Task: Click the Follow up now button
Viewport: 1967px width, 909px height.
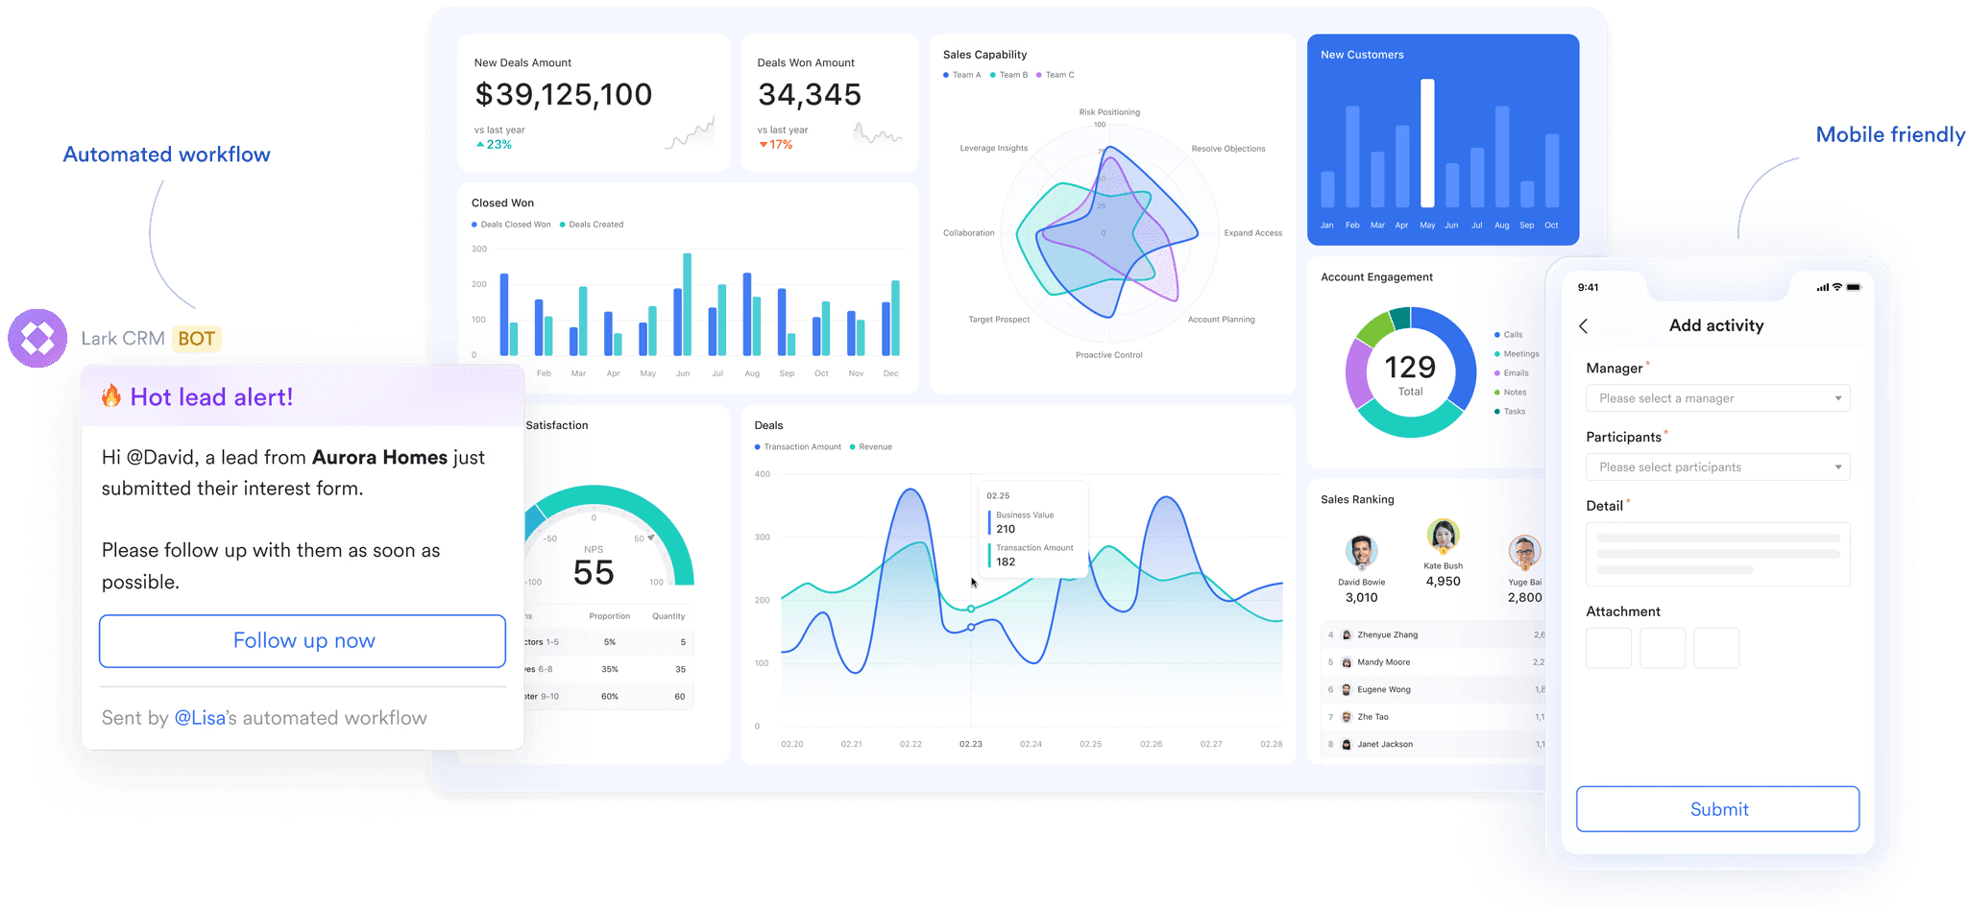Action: tap(303, 641)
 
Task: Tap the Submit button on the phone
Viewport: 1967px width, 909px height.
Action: tap(1717, 809)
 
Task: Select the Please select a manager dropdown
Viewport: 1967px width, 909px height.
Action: tap(1717, 398)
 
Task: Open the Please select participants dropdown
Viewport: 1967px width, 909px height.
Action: tap(1717, 467)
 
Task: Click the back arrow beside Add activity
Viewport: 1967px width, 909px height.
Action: tap(1584, 326)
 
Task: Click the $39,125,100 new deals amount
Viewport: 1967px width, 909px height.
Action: tap(564, 95)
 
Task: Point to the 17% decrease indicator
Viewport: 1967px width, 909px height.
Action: tap(776, 145)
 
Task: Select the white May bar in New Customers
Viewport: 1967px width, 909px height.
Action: tap(1427, 143)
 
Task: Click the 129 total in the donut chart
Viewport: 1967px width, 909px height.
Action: tap(1410, 368)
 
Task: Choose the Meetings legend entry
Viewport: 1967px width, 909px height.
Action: tap(1520, 354)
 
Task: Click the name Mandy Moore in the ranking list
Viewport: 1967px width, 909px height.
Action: tap(1383, 662)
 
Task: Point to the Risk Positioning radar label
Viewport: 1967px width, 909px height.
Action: tap(1109, 112)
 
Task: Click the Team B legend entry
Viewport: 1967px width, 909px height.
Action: tap(1012, 75)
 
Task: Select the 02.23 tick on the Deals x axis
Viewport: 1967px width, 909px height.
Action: tap(970, 744)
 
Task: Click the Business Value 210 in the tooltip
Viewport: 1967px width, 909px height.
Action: tap(1024, 522)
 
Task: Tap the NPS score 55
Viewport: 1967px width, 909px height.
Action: tap(594, 573)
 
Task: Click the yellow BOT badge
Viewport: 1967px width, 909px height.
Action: tap(197, 339)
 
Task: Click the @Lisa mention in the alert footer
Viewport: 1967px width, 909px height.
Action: tap(200, 718)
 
